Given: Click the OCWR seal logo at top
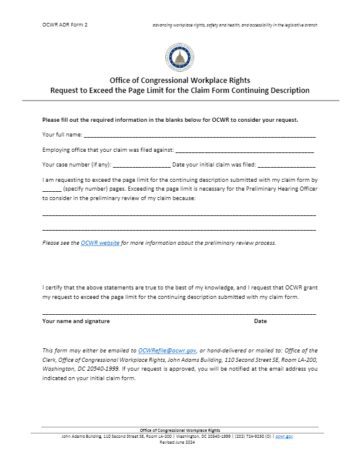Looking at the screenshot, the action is point(180,51).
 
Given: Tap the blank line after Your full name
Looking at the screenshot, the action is point(200,134).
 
